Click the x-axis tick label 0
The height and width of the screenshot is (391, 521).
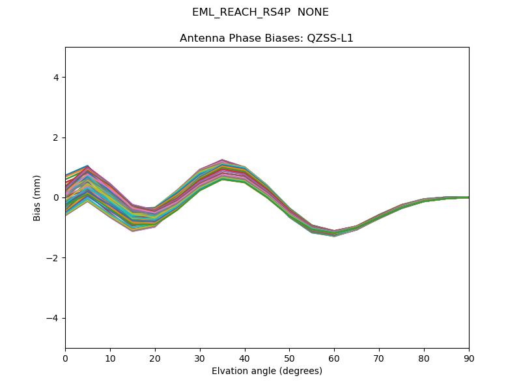pyautogui.click(x=65, y=358)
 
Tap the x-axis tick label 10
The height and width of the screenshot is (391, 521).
pyautogui.click(x=110, y=358)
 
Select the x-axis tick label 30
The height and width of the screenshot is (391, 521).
pyautogui.click(x=200, y=358)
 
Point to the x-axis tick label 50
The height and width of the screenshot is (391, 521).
pyautogui.click(x=289, y=358)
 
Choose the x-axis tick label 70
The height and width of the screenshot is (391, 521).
pyautogui.click(x=379, y=358)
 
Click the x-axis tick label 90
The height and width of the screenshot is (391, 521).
pyautogui.click(x=469, y=358)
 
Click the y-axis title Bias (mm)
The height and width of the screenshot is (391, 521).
pyautogui.click(x=38, y=197)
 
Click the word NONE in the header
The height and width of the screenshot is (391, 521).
pyautogui.click(x=313, y=12)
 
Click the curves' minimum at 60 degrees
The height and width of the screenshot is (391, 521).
pyautogui.click(x=334, y=233)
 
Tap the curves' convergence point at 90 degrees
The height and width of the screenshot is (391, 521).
pyautogui.click(x=468, y=197)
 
